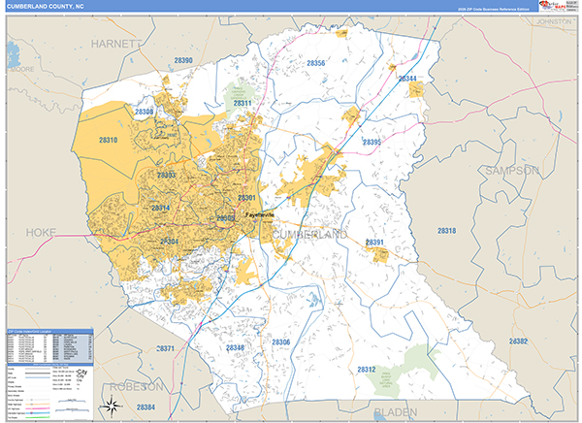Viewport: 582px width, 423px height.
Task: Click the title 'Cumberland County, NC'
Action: (x=47, y=7)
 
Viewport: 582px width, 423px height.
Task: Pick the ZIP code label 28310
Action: (x=109, y=141)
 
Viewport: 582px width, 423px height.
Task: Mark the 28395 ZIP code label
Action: (x=372, y=143)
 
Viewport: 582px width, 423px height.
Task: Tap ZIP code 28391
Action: (x=375, y=243)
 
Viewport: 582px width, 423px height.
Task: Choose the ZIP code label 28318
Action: (x=446, y=231)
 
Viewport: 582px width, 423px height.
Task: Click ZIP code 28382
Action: (x=518, y=342)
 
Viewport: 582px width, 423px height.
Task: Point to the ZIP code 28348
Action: (x=235, y=346)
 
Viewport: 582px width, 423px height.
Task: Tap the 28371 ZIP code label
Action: (x=166, y=348)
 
